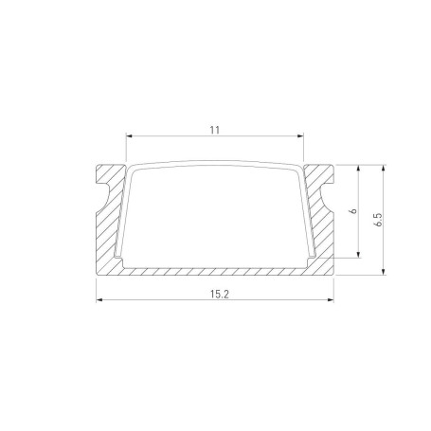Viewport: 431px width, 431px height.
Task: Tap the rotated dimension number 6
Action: [351, 212]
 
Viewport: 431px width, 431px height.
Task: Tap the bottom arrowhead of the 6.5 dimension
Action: [384, 273]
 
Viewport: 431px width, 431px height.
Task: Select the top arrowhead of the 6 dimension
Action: [360, 167]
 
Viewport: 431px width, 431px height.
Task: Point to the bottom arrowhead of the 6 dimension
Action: [360, 254]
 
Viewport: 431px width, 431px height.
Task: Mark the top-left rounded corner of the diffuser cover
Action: [132, 171]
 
